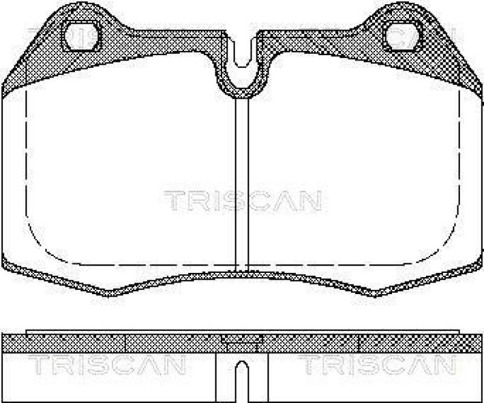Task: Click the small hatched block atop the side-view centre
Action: point(241,340)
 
